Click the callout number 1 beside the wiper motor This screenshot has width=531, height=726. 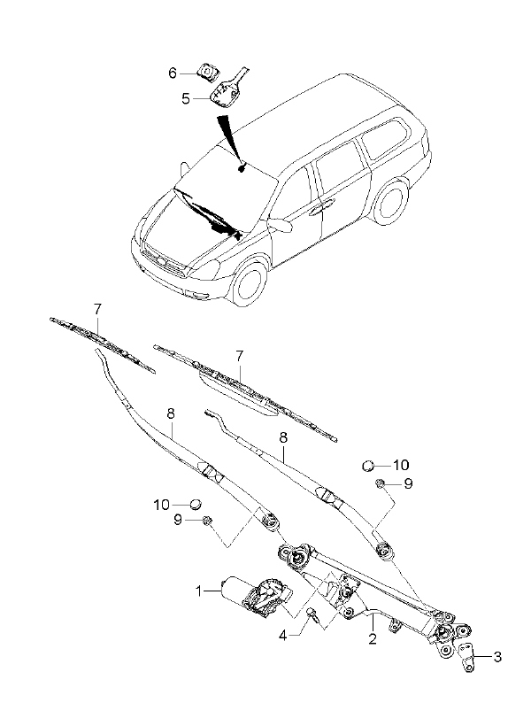coord(198,591)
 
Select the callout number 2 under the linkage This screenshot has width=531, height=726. coord(373,639)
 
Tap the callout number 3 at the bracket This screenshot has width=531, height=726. coord(496,657)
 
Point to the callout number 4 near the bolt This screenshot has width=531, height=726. coord(283,636)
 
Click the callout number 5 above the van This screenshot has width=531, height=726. coord(186,98)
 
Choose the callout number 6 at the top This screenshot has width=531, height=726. coord(173,73)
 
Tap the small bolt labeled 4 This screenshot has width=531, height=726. coord(312,615)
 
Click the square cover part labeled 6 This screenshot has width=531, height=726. coord(207,73)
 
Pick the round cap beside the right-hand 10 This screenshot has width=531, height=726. coord(368,465)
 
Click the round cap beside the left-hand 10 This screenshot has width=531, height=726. coord(196,503)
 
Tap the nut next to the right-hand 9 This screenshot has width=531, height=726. coord(380,483)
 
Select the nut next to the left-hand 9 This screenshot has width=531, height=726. coord(207,521)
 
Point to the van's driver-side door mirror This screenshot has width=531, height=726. coord(281,225)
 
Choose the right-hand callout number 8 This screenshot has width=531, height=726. coord(283,437)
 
